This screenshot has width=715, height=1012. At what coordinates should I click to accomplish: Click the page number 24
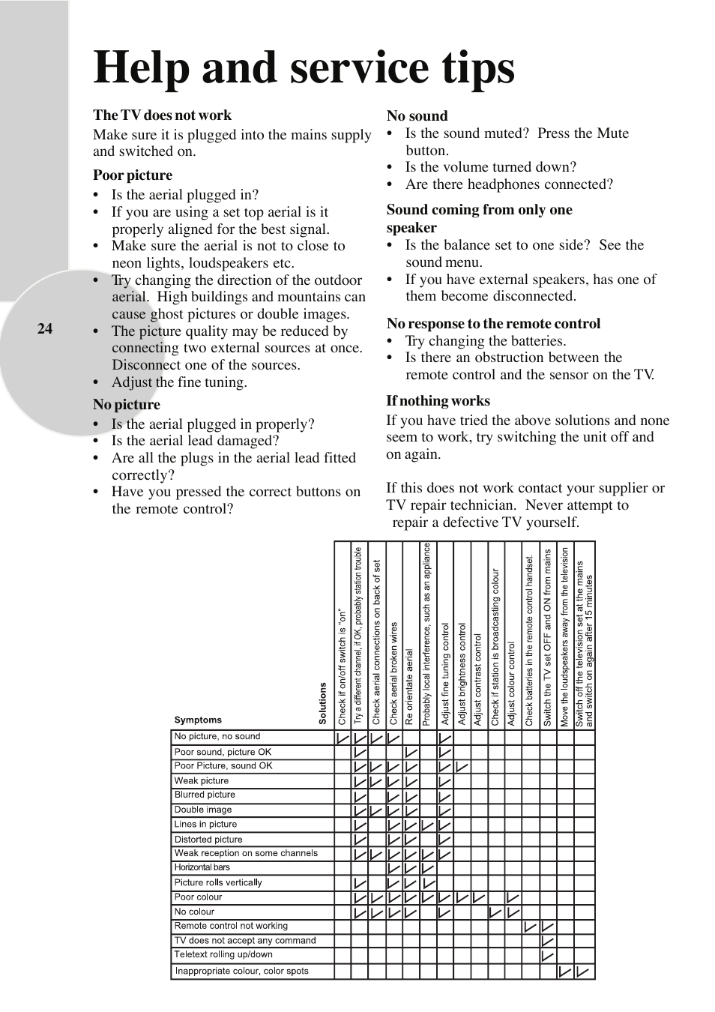click(45, 328)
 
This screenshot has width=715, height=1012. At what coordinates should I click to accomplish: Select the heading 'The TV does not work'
click(162, 115)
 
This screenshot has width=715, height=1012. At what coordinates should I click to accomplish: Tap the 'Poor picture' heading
click(133, 175)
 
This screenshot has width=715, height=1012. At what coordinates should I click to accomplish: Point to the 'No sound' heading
click(417, 116)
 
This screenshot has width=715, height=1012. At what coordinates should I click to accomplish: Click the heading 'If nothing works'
click(438, 401)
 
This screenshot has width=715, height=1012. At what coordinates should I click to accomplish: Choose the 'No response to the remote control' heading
click(493, 324)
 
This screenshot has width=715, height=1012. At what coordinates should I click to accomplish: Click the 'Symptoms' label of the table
click(198, 720)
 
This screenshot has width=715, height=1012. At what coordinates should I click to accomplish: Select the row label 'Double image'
click(203, 810)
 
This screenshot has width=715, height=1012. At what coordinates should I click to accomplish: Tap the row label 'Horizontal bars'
click(202, 867)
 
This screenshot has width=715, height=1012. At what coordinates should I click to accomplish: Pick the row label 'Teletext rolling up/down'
click(223, 955)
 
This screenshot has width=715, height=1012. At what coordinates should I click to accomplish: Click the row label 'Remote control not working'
click(231, 926)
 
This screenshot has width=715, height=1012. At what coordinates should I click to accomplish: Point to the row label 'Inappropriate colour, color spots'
click(241, 972)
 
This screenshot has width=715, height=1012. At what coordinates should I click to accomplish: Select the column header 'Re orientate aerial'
click(410, 687)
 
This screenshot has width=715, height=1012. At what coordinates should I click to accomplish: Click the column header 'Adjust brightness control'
click(462, 674)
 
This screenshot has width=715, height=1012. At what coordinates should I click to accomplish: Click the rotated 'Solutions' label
click(323, 703)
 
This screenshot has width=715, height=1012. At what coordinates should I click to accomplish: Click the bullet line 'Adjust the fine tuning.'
click(179, 382)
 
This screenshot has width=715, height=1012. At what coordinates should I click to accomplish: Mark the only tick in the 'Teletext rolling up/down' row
click(548, 956)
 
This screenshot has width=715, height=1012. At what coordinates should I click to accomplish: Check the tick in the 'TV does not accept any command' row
click(548, 942)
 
